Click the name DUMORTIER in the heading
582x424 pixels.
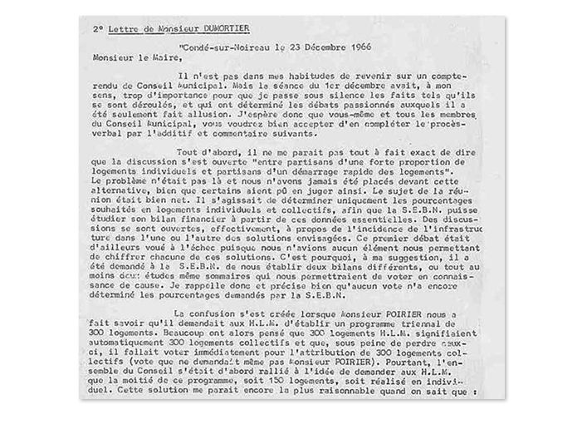[225, 28]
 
